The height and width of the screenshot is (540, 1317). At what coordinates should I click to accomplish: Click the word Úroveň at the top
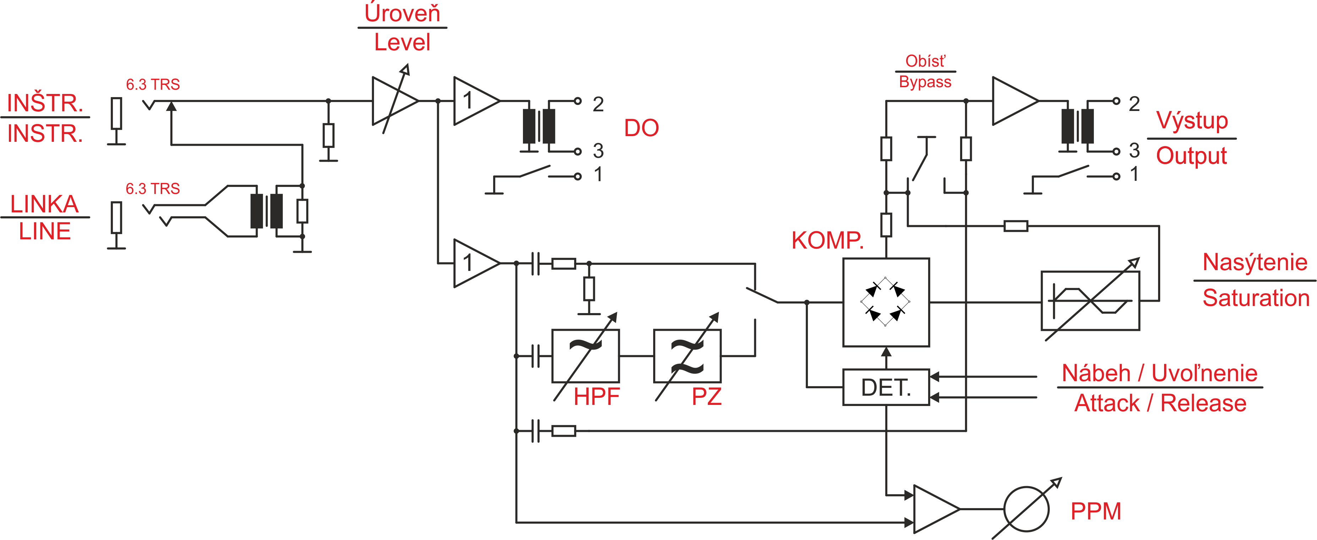click(x=402, y=13)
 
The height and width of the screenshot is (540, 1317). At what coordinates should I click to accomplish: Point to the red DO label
click(x=641, y=128)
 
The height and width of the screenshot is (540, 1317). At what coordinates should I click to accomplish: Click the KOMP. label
click(x=827, y=240)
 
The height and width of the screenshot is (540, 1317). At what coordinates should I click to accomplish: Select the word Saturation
click(x=1256, y=298)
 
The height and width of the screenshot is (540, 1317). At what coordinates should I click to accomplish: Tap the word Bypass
click(x=925, y=82)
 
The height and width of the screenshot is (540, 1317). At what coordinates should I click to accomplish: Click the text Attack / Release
click(x=1160, y=403)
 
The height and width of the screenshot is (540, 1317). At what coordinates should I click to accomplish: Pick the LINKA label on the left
click(x=44, y=204)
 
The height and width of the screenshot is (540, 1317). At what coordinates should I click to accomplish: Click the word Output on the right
click(x=1191, y=156)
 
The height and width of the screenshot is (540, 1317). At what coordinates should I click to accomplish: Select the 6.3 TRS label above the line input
click(x=153, y=189)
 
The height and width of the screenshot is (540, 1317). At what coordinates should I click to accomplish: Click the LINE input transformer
click(x=266, y=211)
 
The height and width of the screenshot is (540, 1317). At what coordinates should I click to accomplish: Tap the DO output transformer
click(x=539, y=126)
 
